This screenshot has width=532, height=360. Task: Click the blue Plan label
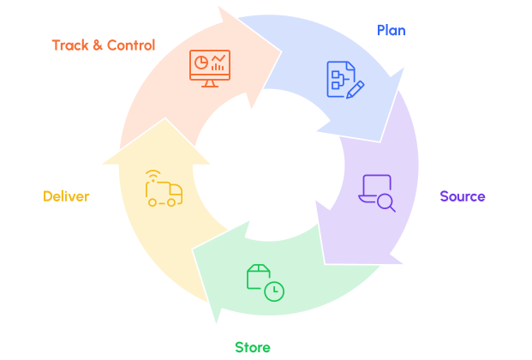pyautogui.click(x=391, y=31)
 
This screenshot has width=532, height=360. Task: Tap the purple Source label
pyautogui.click(x=463, y=196)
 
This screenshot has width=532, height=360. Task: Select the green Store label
pyautogui.click(x=253, y=347)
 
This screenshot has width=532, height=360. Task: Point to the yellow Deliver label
pyautogui.click(x=66, y=196)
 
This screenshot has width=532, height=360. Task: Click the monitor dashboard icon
pyautogui.click(x=210, y=68)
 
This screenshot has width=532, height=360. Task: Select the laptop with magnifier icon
pyautogui.click(x=376, y=192)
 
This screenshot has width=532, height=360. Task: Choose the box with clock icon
pyautogui.click(x=265, y=282)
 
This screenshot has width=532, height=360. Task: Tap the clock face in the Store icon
pyautogui.click(x=274, y=291)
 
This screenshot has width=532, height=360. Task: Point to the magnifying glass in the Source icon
pyautogui.click(x=386, y=203)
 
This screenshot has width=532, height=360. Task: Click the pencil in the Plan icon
pyautogui.click(x=356, y=88)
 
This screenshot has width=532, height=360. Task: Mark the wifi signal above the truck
pyautogui.click(x=152, y=177)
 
